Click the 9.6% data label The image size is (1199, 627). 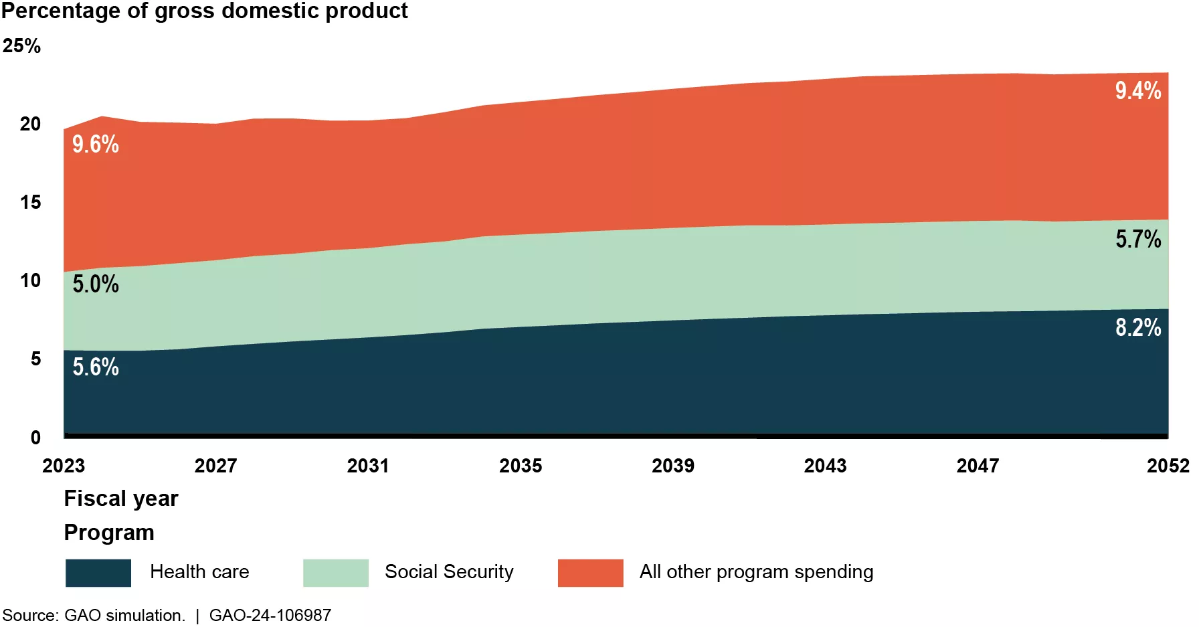pos(96,144)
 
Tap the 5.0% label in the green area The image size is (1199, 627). pos(96,284)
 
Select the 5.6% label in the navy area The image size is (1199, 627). pos(96,367)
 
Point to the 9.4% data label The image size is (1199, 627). pos(1137,90)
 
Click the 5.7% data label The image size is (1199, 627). pos(1137,239)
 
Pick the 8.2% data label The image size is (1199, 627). pos(1137,327)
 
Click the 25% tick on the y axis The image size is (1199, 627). pos(21,46)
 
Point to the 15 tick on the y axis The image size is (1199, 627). pos(30,202)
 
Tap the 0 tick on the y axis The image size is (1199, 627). pos(35,438)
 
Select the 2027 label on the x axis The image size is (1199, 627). pos(215,466)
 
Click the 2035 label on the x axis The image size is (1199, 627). pos(521,466)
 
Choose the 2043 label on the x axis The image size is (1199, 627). pos(825,466)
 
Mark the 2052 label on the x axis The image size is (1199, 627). pos(1168,466)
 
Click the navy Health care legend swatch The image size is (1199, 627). pos(98,573)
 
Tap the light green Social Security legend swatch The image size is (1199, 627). pos(336,573)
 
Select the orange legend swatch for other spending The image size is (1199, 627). pos(590,573)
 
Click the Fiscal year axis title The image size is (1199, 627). pos(121,499)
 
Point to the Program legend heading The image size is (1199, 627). pos(109,533)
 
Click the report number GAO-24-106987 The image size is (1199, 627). pos(270,615)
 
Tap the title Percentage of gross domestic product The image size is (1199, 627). pos(204,11)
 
